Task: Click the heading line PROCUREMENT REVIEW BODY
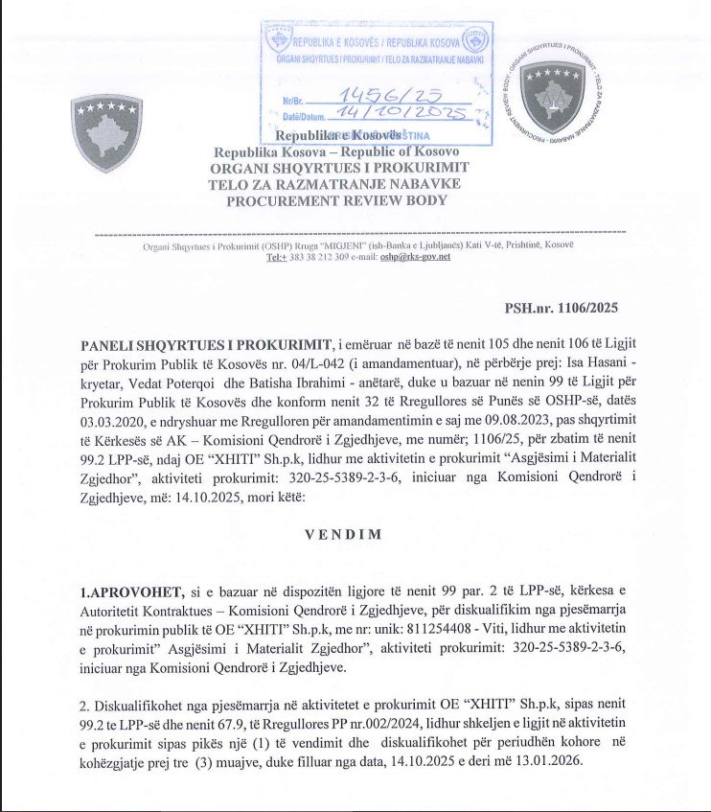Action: (335, 200)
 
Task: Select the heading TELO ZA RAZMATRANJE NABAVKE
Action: (334, 184)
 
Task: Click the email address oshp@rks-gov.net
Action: (415, 257)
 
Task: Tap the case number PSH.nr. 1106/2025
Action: (561, 308)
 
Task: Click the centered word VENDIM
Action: (343, 534)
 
